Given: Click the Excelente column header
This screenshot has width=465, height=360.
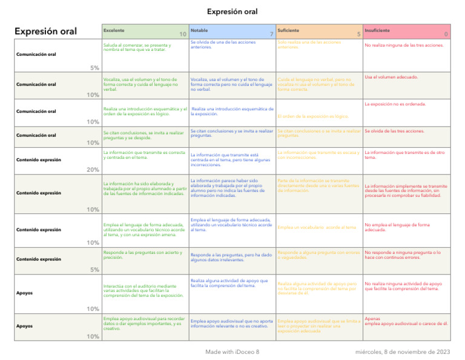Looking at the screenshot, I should tap(114, 30).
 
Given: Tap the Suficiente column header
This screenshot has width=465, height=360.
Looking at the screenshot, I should tap(288, 30).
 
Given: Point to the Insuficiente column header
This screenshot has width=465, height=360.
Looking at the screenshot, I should tap(377, 30).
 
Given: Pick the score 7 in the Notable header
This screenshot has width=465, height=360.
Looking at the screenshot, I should tap(271, 35).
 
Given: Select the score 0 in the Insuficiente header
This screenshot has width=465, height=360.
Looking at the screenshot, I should tap(446, 35).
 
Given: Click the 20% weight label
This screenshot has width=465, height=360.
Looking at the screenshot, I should tap(92, 170).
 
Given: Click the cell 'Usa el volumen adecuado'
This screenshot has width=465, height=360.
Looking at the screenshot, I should tap(390, 78).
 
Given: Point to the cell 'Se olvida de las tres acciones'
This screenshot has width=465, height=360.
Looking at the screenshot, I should tap(394, 131).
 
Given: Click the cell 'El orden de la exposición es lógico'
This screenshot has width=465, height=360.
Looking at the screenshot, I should tap(312, 116).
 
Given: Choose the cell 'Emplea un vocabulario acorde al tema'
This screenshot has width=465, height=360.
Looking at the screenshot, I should tap(316, 227).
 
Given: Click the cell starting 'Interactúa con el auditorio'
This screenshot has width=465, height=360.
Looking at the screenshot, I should tap(143, 291).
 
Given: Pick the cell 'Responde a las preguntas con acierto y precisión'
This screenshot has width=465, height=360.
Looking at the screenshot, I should tap(142, 255).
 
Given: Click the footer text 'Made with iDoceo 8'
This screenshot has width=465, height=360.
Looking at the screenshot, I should tap(232, 352).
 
